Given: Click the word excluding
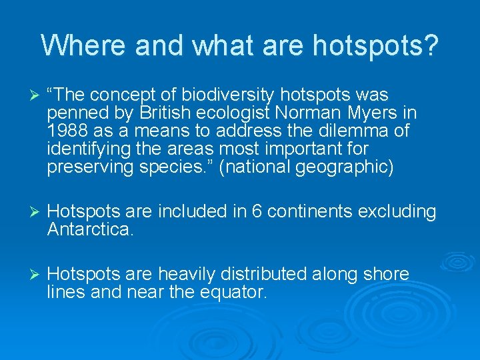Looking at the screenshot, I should (x=397, y=212).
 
